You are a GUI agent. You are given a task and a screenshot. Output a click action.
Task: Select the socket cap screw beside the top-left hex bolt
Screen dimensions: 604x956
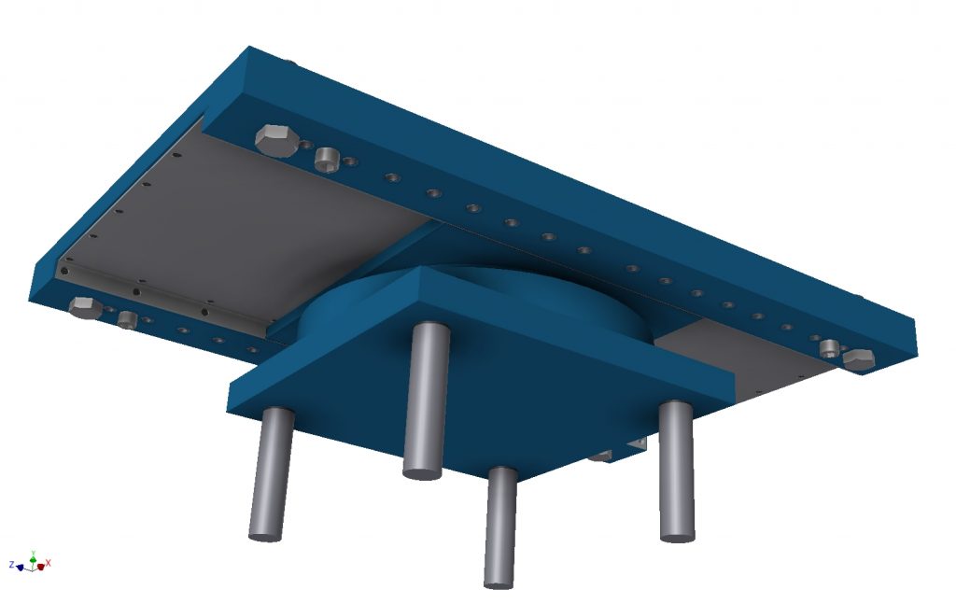tap(327, 159)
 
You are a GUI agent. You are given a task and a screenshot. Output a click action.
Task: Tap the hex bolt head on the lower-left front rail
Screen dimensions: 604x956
tap(85, 307)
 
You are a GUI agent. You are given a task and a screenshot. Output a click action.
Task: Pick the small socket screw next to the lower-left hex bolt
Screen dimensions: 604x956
tap(128, 320)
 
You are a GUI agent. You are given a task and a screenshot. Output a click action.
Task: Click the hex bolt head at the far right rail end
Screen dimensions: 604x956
tap(857, 359)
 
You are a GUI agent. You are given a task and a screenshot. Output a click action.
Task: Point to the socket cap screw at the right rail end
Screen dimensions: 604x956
tap(829, 349)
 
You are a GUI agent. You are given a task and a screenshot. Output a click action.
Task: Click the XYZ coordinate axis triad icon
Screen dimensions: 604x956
tap(34, 562)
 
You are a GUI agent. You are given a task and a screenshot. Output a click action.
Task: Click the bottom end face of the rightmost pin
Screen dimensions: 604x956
tap(677, 537)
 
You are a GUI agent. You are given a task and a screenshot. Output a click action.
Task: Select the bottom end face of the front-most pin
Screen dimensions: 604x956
tap(499, 583)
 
